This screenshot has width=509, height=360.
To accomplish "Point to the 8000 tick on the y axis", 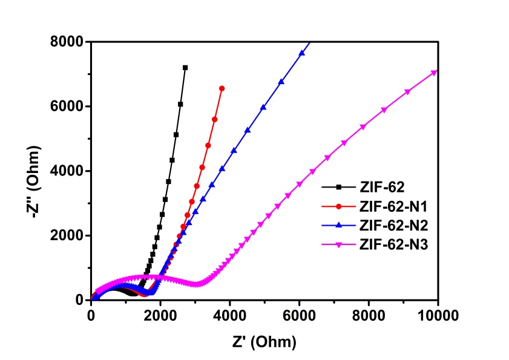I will click(x=68, y=42).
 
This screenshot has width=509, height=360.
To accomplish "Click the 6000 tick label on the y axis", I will click(x=68, y=106).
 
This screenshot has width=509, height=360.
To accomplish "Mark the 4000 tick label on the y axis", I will click(x=68, y=171).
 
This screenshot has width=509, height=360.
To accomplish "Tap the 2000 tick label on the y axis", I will click(x=68, y=235).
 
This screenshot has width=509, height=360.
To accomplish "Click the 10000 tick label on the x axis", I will click(x=438, y=315).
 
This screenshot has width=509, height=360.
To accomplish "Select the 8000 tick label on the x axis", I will click(x=369, y=315).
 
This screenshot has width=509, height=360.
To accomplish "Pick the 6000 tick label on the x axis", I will click(x=299, y=315).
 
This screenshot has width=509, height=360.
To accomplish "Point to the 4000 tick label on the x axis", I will click(x=230, y=315).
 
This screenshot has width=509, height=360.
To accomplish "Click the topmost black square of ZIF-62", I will click(x=185, y=68).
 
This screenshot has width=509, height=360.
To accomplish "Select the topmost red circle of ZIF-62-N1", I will click(x=222, y=88).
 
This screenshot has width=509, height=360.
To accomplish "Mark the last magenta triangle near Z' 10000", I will click(x=435, y=73).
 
